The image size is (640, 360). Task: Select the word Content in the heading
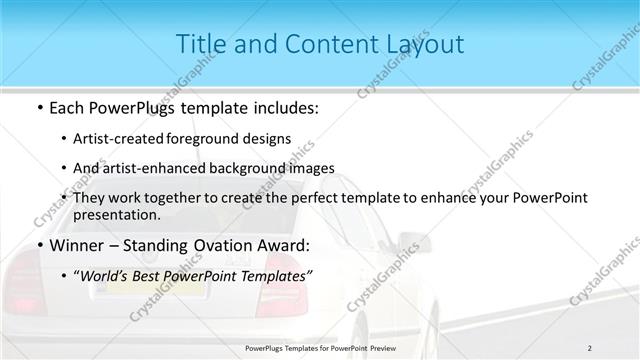[x=332, y=44]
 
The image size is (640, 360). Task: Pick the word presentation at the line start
[x=116, y=214]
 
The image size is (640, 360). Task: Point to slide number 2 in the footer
[x=589, y=347]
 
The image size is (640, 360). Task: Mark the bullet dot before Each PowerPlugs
[x=38, y=105]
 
